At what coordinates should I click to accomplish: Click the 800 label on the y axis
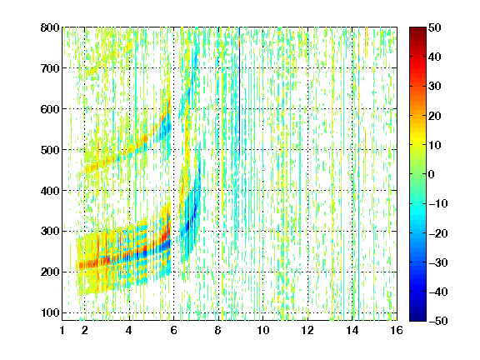[50, 27]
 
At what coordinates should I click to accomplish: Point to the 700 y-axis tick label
[50, 68]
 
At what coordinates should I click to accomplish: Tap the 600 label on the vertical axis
[50, 109]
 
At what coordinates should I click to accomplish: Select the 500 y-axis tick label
[50, 150]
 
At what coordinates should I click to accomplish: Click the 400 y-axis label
[50, 190]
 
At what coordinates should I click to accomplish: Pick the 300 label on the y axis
[50, 231]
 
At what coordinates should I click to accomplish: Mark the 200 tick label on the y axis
[50, 272]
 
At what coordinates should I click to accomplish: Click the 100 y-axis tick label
[50, 312]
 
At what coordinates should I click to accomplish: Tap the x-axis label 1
[62, 330]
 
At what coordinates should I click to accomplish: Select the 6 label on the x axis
[173, 330]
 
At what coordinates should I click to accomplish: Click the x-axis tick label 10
[262, 330]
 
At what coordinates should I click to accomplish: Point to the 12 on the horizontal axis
[307, 330]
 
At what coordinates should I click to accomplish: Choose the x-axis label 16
[397, 330]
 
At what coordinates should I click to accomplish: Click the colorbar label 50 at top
[435, 27]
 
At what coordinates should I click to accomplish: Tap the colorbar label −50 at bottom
[438, 321]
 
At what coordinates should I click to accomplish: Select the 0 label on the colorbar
[432, 174]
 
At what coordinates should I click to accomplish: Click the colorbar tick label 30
[435, 86]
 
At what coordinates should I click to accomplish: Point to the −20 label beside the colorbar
[438, 233]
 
